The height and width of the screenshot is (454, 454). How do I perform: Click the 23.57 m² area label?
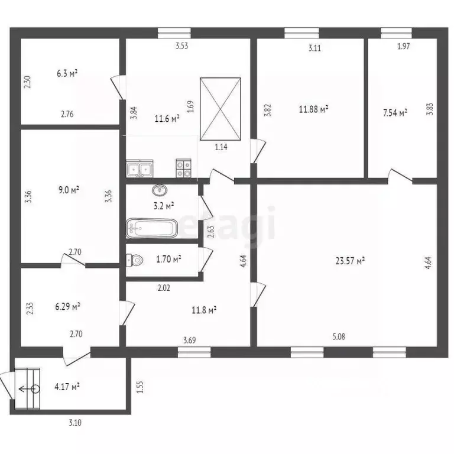pyautogui.click(x=350, y=261)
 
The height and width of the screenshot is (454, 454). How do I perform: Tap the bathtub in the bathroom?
pyautogui.click(x=152, y=228)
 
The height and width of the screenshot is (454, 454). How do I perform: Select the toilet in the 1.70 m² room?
pyautogui.click(x=135, y=260)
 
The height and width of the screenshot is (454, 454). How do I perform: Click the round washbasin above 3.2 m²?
pyautogui.click(x=160, y=190)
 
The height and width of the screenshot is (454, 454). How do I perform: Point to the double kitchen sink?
pyautogui.click(x=140, y=168)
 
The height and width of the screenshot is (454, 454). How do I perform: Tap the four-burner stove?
pyautogui.click(x=184, y=168)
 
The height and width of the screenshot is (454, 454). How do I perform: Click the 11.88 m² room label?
pyautogui.click(x=313, y=109)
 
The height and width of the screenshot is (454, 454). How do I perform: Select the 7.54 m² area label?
pyautogui.click(x=395, y=112)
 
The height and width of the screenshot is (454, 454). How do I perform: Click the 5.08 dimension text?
pyautogui.click(x=339, y=337)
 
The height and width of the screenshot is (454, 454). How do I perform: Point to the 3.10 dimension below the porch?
pyautogui.click(x=75, y=423)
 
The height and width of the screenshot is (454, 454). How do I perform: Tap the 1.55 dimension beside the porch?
pyautogui.click(x=140, y=387)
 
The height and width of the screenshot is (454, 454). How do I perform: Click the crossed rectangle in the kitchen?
pyautogui.click(x=220, y=109)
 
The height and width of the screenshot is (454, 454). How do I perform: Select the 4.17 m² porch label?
pyautogui.click(x=67, y=387)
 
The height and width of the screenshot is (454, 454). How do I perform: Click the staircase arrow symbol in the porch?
pyautogui.click(x=29, y=389)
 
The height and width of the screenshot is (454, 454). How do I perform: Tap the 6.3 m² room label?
pyautogui.click(x=67, y=73)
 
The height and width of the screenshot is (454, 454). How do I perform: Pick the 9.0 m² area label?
pyautogui.click(x=69, y=190)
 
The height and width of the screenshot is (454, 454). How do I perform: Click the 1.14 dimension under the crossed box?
pyautogui.click(x=221, y=147)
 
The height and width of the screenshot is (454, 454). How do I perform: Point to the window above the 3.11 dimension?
pyautogui.click(x=301, y=33)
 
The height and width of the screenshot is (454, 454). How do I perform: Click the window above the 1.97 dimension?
pyautogui.click(x=396, y=33)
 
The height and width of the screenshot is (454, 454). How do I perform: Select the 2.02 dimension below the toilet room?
pyautogui.click(x=164, y=288)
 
